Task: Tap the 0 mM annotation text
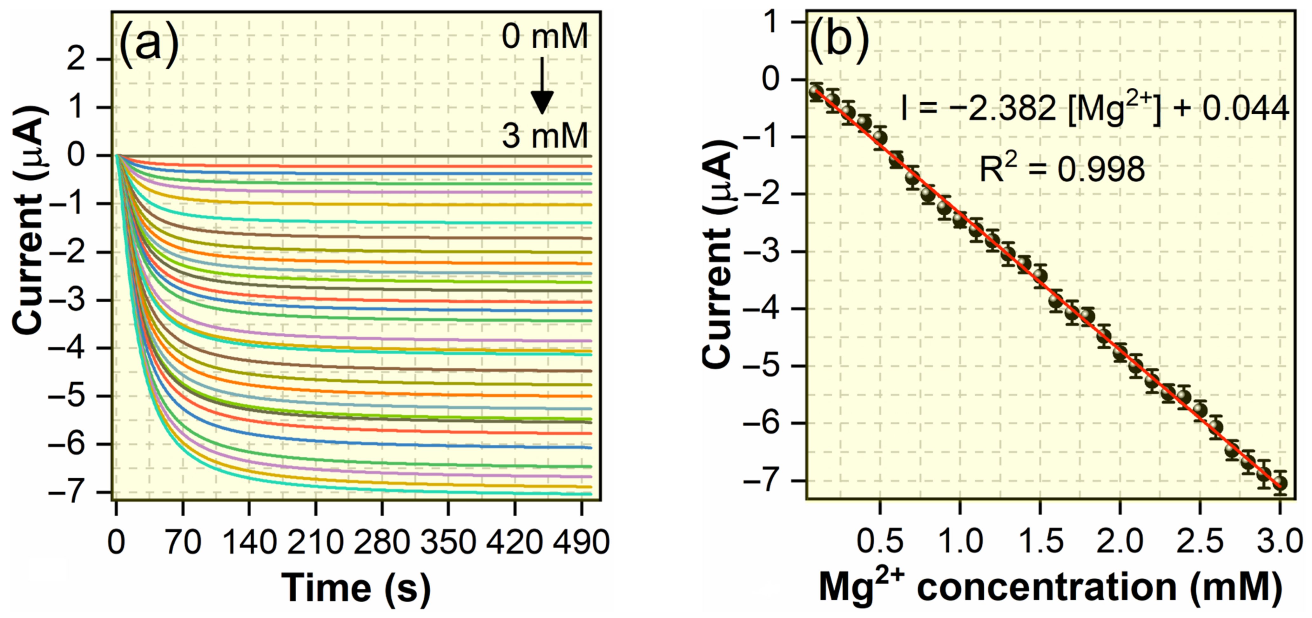[x=544, y=37]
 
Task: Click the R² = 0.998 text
[x=1062, y=169]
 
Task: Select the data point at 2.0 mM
[x=1120, y=353]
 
